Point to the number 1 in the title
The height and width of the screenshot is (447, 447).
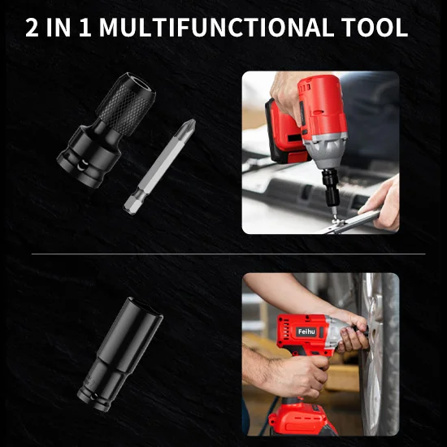tap(85, 28)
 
